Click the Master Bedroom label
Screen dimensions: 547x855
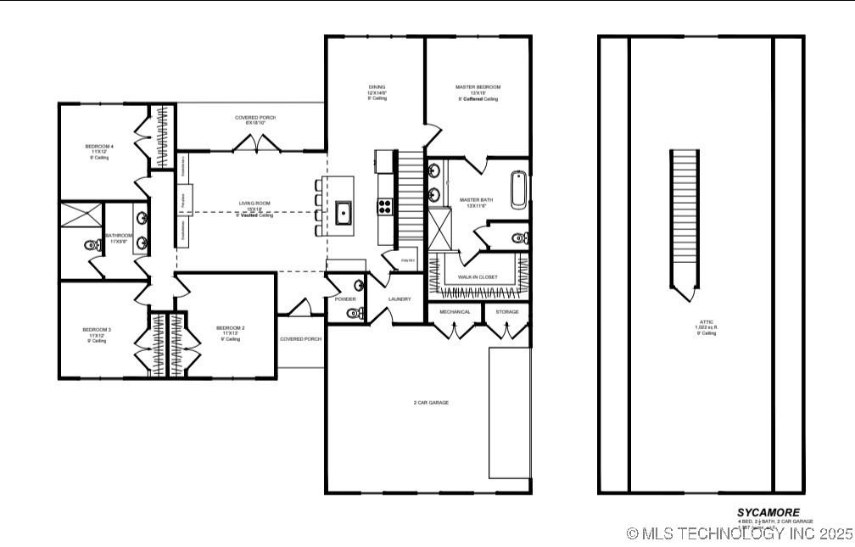click(x=478, y=87)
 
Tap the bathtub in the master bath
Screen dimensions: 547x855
click(x=518, y=190)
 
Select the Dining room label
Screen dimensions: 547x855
click(x=377, y=87)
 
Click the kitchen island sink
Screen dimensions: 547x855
click(x=344, y=212)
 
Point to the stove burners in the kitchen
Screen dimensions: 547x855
click(x=383, y=204)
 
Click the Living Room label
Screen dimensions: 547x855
click(x=254, y=204)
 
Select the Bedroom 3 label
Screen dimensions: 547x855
click(x=96, y=330)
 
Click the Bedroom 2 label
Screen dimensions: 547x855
click(x=230, y=328)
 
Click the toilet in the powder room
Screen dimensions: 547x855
click(x=354, y=314)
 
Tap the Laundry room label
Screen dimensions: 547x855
click(x=400, y=299)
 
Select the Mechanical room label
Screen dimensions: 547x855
click(x=455, y=312)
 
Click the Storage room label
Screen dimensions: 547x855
click(x=507, y=312)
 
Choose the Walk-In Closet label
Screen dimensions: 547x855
click(x=478, y=277)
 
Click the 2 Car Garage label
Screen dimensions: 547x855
click(x=431, y=402)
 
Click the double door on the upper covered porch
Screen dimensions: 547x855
click(x=254, y=147)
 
